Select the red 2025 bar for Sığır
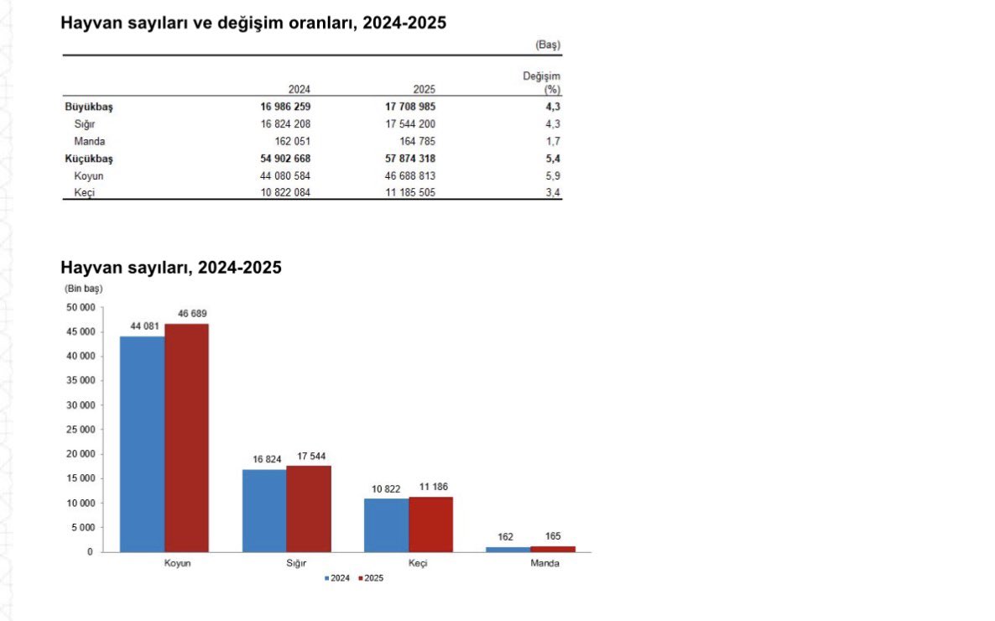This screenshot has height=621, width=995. [309, 509]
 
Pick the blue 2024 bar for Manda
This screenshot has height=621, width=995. [508, 549]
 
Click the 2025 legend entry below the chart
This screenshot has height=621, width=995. [370, 578]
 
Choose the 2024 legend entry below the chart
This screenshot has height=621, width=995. [338, 578]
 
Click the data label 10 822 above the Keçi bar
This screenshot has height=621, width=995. [385, 488]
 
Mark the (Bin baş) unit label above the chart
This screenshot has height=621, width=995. [82, 288]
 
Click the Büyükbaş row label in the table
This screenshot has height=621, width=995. [88, 107]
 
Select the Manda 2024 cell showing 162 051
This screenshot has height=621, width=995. [287, 141]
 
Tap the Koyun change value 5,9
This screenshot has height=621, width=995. [553, 175]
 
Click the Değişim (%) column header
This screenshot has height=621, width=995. [542, 82]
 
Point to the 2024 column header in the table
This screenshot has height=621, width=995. [299, 89]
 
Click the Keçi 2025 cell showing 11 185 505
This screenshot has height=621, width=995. [404, 192]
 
